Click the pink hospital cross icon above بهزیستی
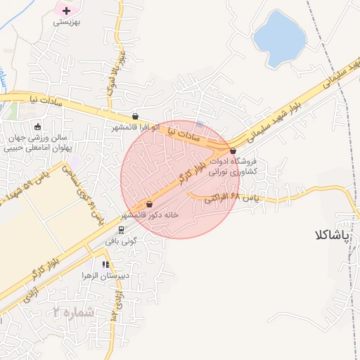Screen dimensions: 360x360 tap(67, 11)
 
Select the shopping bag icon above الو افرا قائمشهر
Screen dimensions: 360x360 tap(135, 117)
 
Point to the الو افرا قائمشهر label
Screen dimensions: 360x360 tap(136, 128)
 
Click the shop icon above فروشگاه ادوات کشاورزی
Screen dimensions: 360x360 tap(233, 150)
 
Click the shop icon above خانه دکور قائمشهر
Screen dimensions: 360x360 tap(149, 204)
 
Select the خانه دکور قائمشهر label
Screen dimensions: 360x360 tap(150, 214)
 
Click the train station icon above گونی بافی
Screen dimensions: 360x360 tap(121, 230)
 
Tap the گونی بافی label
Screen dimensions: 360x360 tap(121, 240)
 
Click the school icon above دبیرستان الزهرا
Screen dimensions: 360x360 tap(105, 265)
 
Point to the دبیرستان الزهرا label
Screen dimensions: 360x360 tap(105, 276)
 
